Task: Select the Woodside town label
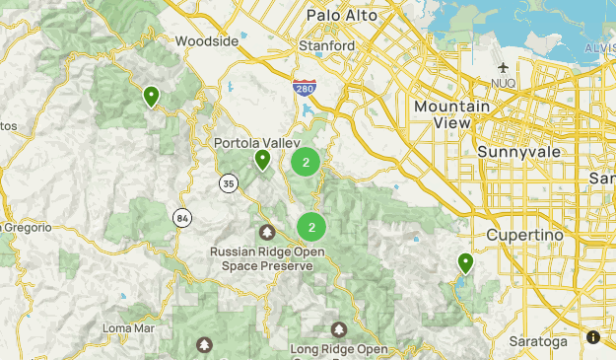tap(206, 41)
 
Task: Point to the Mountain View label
tap(452, 113)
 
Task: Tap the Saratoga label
tap(539, 341)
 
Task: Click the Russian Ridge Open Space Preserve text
tap(267, 258)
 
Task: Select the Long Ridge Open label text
tap(339, 348)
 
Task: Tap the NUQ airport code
tap(504, 84)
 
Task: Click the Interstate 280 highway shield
tap(304, 88)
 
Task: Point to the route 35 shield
tap(228, 182)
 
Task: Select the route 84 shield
tap(182, 217)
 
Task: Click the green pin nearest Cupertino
tap(465, 262)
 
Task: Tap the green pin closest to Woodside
tap(151, 96)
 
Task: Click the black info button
tap(593, 337)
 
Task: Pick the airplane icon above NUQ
tap(504, 67)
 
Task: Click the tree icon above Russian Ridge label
tap(266, 233)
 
